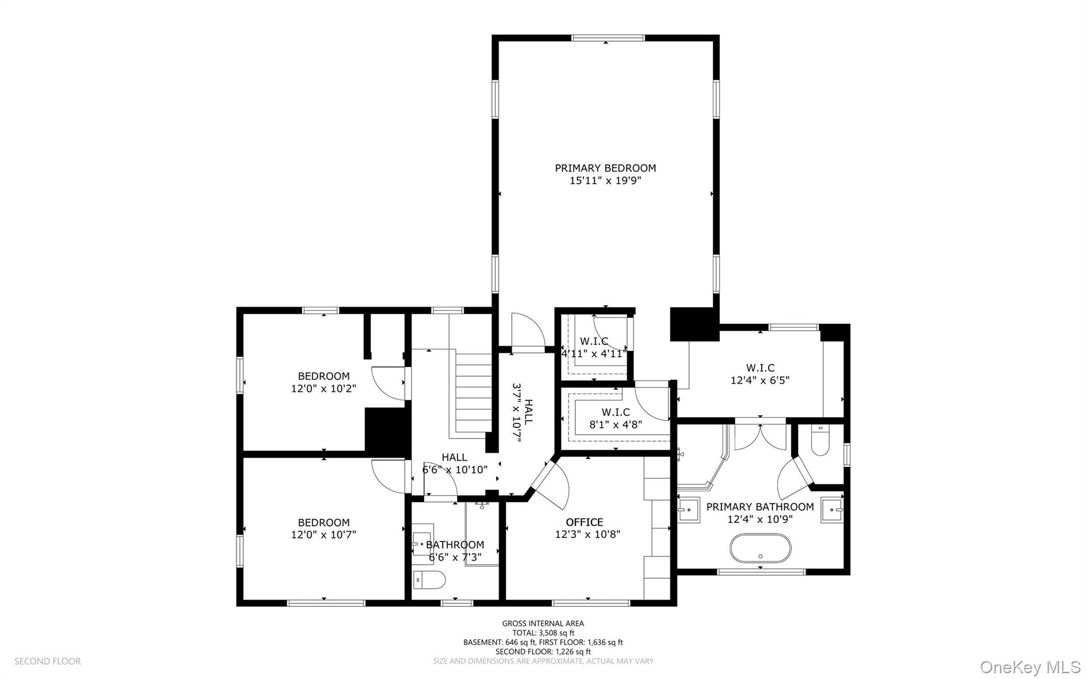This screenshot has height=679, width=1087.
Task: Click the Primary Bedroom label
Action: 605,168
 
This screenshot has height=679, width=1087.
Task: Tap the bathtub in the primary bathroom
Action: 760,548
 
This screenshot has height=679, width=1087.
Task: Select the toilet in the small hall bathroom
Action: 429,580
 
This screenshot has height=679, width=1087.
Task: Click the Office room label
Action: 584,522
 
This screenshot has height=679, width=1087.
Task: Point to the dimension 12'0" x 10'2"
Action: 323,389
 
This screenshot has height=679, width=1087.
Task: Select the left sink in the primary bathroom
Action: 689,510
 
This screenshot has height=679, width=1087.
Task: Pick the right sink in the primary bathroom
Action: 832,510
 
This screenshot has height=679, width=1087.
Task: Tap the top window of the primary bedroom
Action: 608,38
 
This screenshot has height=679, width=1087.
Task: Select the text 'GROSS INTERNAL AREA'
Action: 543,623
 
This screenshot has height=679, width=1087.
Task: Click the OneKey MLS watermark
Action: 1030,666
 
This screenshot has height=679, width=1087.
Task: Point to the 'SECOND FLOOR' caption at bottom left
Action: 47,661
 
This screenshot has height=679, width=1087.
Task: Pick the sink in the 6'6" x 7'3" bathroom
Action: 423,544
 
